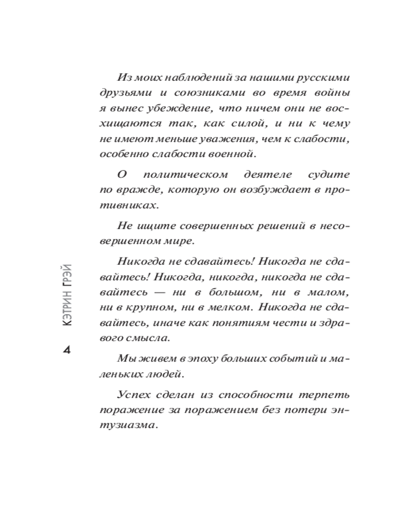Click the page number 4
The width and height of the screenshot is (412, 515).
66,350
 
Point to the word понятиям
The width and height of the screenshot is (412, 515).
229,323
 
